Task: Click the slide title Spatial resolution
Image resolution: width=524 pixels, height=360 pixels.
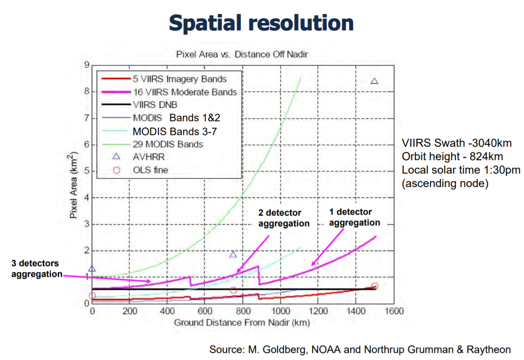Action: pyautogui.click(x=261, y=22)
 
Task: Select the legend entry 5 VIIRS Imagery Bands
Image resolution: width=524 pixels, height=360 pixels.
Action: pyautogui.click(x=179, y=79)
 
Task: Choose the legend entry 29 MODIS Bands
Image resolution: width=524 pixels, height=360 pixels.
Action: pyautogui.click(x=167, y=144)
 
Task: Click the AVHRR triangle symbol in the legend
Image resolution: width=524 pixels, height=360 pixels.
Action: pyautogui.click(x=116, y=157)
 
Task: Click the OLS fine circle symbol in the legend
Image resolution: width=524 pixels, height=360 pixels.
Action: pyautogui.click(x=116, y=170)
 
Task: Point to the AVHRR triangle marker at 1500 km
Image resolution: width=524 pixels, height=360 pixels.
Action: pyautogui.click(x=375, y=81)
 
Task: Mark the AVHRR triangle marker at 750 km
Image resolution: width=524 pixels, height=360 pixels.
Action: pyautogui.click(x=233, y=254)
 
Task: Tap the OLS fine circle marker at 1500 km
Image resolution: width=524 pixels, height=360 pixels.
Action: pyautogui.click(x=375, y=286)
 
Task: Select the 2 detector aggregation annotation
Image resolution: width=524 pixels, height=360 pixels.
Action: pyautogui.click(x=284, y=218)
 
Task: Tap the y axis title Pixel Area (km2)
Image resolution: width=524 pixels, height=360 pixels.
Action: pyautogui.click(x=73, y=184)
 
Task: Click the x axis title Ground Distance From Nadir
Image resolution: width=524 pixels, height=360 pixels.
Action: pyautogui.click(x=242, y=322)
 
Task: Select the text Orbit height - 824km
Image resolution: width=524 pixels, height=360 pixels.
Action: pyautogui.click(x=452, y=157)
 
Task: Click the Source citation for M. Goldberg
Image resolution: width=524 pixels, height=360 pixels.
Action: pyautogui.click(x=360, y=349)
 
